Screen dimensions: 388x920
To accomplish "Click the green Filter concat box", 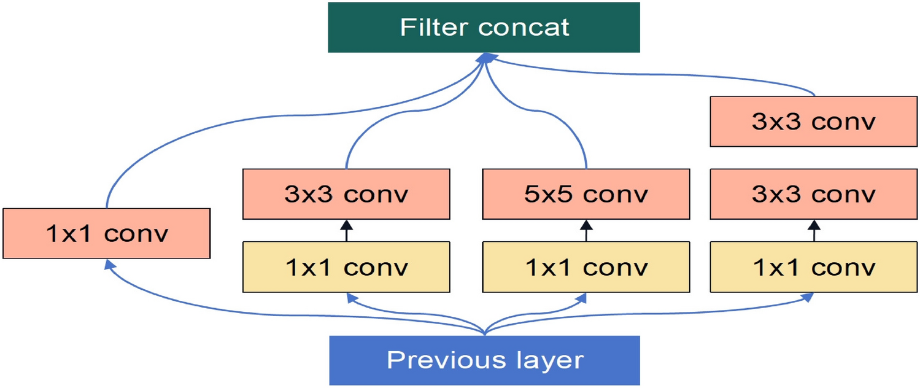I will (484, 28).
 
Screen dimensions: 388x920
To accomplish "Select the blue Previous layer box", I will (484, 360).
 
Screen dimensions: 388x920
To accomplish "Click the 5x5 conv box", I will (586, 195).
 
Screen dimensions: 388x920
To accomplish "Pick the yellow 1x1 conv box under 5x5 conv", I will (586, 267).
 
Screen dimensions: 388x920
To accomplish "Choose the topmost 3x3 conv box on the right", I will (814, 122).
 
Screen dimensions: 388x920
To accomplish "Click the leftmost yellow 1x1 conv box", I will (347, 267).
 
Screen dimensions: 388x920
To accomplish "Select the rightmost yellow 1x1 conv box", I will (814, 267).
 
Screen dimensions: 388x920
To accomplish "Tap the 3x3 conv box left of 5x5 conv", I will (347, 195).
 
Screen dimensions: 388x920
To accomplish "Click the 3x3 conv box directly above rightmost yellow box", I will (814, 195).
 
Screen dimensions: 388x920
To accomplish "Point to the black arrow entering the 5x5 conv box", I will (586, 230).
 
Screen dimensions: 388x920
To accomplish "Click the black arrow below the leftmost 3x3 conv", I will (347, 230).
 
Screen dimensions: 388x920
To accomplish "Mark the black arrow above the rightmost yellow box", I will (814, 230).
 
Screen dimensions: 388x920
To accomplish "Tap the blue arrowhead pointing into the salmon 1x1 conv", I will (108, 264).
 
